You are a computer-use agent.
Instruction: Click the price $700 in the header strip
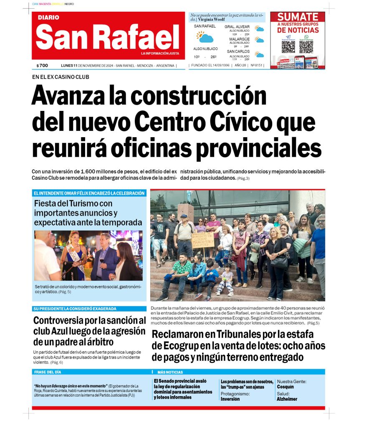coord(42,65)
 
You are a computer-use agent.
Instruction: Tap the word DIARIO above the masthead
coord(48,18)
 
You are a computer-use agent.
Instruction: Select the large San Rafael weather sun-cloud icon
coord(205,38)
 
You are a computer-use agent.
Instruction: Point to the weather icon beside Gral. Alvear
coord(260,29)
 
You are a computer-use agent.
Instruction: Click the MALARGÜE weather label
coord(239,39)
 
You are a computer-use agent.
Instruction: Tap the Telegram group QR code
coord(288,46)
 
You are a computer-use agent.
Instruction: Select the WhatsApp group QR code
coord(306,46)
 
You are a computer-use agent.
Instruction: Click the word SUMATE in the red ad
coord(298,17)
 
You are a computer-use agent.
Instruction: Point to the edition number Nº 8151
coord(256,65)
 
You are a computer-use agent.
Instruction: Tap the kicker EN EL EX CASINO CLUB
coord(61,77)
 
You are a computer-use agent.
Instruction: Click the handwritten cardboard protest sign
coord(203,241)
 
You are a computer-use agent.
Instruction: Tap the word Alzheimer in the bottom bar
coord(287,399)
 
